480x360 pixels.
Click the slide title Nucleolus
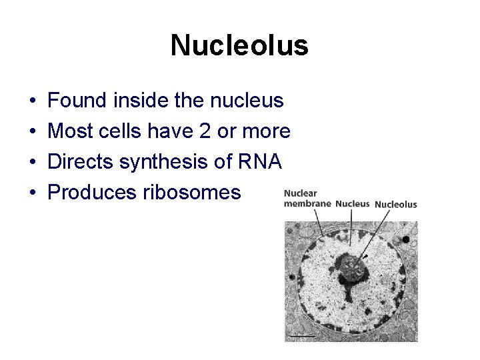point(239,45)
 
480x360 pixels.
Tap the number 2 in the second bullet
point(205,131)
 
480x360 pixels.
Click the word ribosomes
point(191,193)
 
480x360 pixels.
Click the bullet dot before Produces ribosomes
point(33,193)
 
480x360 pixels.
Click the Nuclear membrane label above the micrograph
point(307,199)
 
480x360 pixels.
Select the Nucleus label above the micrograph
point(352,204)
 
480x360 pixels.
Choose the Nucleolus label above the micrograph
point(396,205)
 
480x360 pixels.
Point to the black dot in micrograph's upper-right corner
point(406,239)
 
